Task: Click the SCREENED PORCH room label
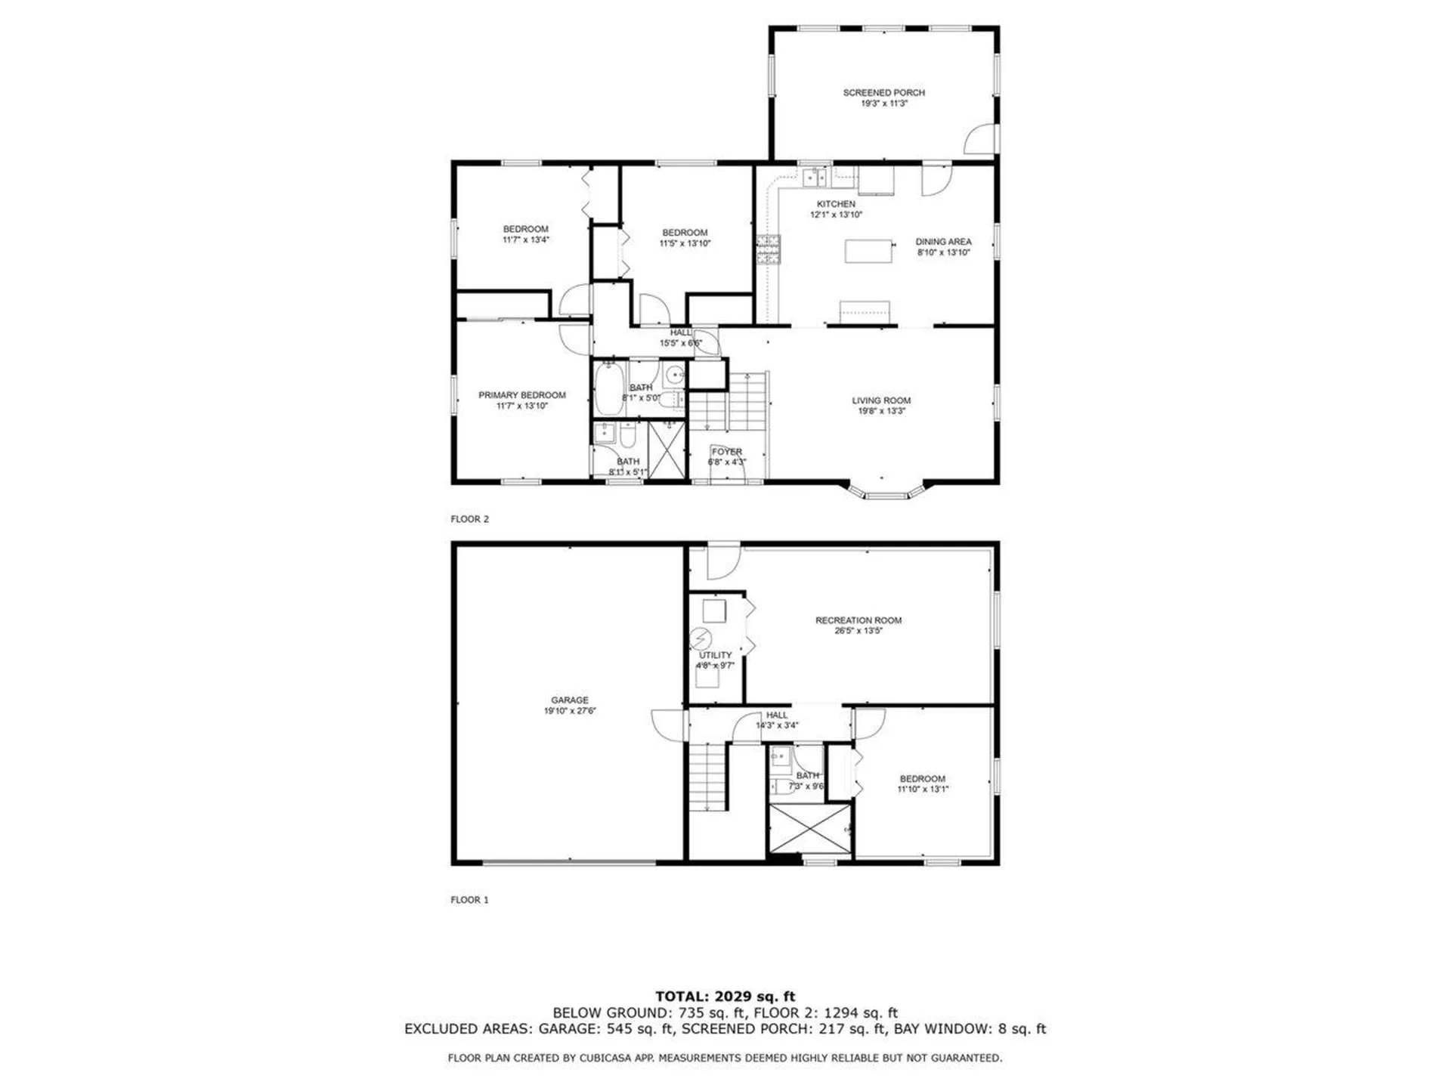pyautogui.click(x=883, y=93)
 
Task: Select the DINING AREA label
pyautogui.click(x=943, y=242)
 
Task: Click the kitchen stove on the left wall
pyautogui.click(x=769, y=250)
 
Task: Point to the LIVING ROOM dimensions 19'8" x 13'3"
pyautogui.click(x=881, y=411)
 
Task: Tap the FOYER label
pyautogui.click(x=726, y=452)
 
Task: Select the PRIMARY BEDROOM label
pyautogui.click(x=521, y=395)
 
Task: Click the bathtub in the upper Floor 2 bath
pyautogui.click(x=608, y=388)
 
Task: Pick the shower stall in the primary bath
pyautogui.click(x=667, y=450)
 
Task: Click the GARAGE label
pyautogui.click(x=569, y=700)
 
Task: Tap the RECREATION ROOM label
pyautogui.click(x=858, y=620)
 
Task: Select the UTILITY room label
pyautogui.click(x=715, y=655)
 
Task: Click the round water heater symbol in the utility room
pyautogui.click(x=701, y=638)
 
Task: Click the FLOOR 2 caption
pyautogui.click(x=469, y=519)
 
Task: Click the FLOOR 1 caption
pyautogui.click(x=469, y=900)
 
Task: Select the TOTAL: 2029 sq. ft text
pyautogui.click(x=725, y=997)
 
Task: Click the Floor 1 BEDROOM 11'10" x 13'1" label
pyautogui.click(x=922, y=779)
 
